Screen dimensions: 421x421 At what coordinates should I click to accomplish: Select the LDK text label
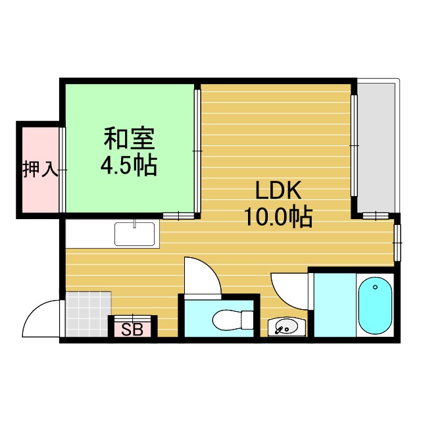[278, 191]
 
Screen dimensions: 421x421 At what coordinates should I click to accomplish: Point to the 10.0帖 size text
[278, 216]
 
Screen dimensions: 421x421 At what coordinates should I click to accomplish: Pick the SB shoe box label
[132, 330]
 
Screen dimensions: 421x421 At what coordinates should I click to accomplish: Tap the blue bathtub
[376, 305]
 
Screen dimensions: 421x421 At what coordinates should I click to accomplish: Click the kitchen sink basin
[135, 234]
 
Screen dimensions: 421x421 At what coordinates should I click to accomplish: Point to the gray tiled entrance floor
[87, 314]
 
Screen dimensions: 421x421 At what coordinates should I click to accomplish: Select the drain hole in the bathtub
[375, 287]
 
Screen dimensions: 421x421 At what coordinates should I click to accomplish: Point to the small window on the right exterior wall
[397, 243]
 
